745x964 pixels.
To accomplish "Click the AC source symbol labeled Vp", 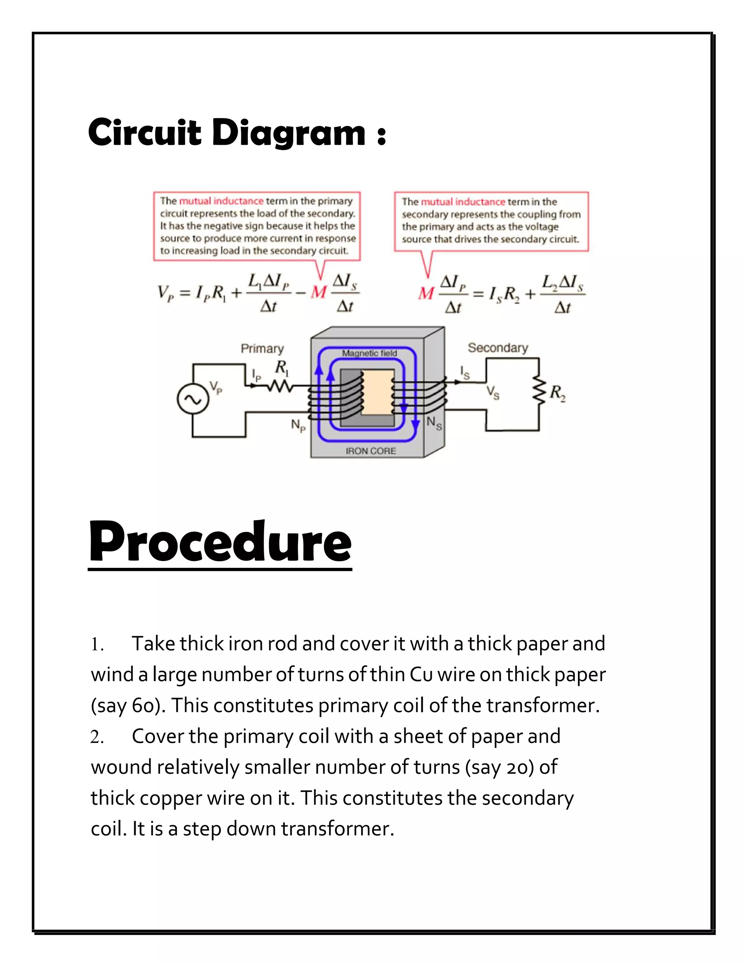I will coord(192,399).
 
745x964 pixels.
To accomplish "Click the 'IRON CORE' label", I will coord(370,451).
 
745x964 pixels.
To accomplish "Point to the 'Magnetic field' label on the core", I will coord(370,353).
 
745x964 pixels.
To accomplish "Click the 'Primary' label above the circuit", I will coord(262,349).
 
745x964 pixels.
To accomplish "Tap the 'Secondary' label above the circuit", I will coord(498,348).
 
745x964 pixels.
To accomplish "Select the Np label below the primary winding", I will coord(298,426).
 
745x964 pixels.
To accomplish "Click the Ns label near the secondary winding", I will coord(434,423).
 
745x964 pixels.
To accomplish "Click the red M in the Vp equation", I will coord(318,292).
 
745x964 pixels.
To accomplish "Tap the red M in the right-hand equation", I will coord(426,293).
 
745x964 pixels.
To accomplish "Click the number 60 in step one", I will coord(142,705).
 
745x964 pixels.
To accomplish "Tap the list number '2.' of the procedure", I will coord(97,737).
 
